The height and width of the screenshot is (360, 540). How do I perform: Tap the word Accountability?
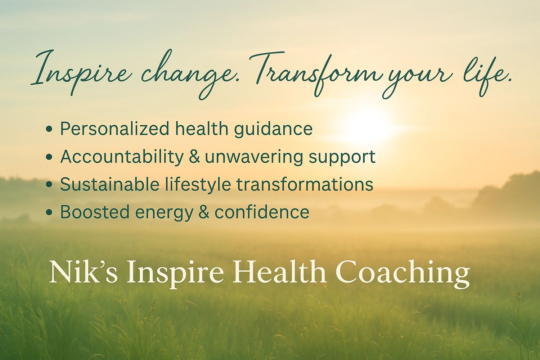(x=122, y=157)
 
